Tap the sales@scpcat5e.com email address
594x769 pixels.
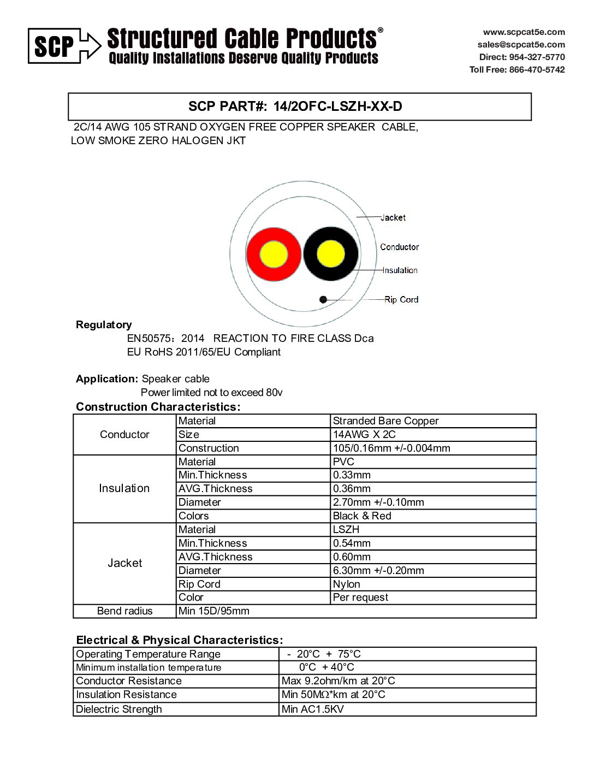pyautogui.click(x=521, y=45)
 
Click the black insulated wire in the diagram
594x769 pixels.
pyautogui.click(x=331, y=255)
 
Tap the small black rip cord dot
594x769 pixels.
pyautogui.click(x=323, y=299)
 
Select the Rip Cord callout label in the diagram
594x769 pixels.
pyautogui.click(x=401, y=299)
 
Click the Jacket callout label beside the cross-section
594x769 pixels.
pyautogui.click(x=393, y=217)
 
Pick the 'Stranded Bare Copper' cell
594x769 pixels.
pyautogui.click(x=385, y=421)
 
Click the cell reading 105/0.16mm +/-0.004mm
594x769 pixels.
pyautogui.click(x=391, y=448)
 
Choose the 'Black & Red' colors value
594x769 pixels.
pyautogui.click(x=362, y=516)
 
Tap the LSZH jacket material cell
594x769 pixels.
pyautogui.click(x=346, y=530)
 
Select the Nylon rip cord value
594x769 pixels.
pyautogui.click(x=347, y=584)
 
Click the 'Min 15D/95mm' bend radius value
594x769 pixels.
pyautogui.click(x=213, y=611)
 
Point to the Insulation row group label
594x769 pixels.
pyautogui.click(x=124, y=488)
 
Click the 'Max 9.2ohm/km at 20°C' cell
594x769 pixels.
pyautogui.click(x=338, y=681)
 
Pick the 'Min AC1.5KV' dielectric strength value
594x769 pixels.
pyautogui.click(x=312, y=709)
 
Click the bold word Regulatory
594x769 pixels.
pyautogui.click(x=104, y=325)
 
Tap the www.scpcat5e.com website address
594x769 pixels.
pyautogui.click(x=524, y=32)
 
